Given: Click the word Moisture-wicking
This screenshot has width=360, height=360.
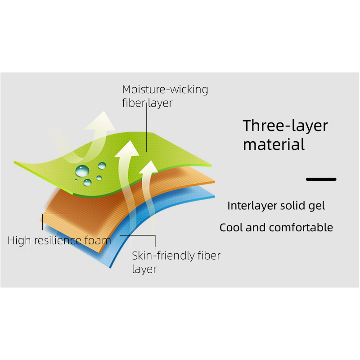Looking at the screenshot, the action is coord(165,90).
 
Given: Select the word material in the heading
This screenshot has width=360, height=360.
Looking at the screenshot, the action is coord(274,144).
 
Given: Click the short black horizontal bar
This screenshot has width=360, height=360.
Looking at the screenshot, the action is coord(321,179).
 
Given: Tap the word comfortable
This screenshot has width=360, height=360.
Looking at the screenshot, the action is coord(301,228).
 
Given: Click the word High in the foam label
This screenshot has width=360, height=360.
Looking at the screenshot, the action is coord(19,240).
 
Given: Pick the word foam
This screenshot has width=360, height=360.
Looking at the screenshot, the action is coord(98,240).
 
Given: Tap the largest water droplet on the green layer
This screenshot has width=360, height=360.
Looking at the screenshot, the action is coord(82,171).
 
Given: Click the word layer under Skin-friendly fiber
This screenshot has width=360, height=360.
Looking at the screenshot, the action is coord(144,269).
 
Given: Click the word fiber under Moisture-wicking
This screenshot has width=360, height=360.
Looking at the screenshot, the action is coord(133,103).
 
